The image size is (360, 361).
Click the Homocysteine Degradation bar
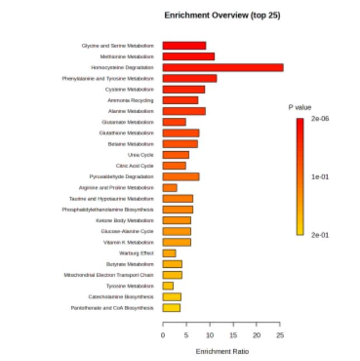(223, 68)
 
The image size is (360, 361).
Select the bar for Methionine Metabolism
(188, 56)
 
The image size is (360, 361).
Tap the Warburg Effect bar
(169, 253)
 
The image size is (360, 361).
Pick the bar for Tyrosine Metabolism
(168, 286)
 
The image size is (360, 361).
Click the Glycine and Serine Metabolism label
(117, 46)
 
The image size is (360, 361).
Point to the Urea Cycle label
(141, 155)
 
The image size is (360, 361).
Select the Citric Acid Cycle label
(135, 166)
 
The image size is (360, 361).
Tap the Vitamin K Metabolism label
(128, 243)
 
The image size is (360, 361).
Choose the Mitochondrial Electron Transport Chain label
(109, 275)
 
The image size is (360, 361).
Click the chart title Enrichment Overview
(222, 16)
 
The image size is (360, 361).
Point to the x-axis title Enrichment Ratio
(222, 352)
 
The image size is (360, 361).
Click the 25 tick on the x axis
(280, 335)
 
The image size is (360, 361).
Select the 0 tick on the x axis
(163, 335)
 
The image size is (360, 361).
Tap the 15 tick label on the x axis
(233, 335)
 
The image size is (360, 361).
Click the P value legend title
(300, 107)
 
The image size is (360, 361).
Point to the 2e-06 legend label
(320, 119)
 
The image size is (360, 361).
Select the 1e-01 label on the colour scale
(320, 177)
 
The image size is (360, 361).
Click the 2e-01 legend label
(320, 235)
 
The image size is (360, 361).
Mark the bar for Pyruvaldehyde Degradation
(181, 177)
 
